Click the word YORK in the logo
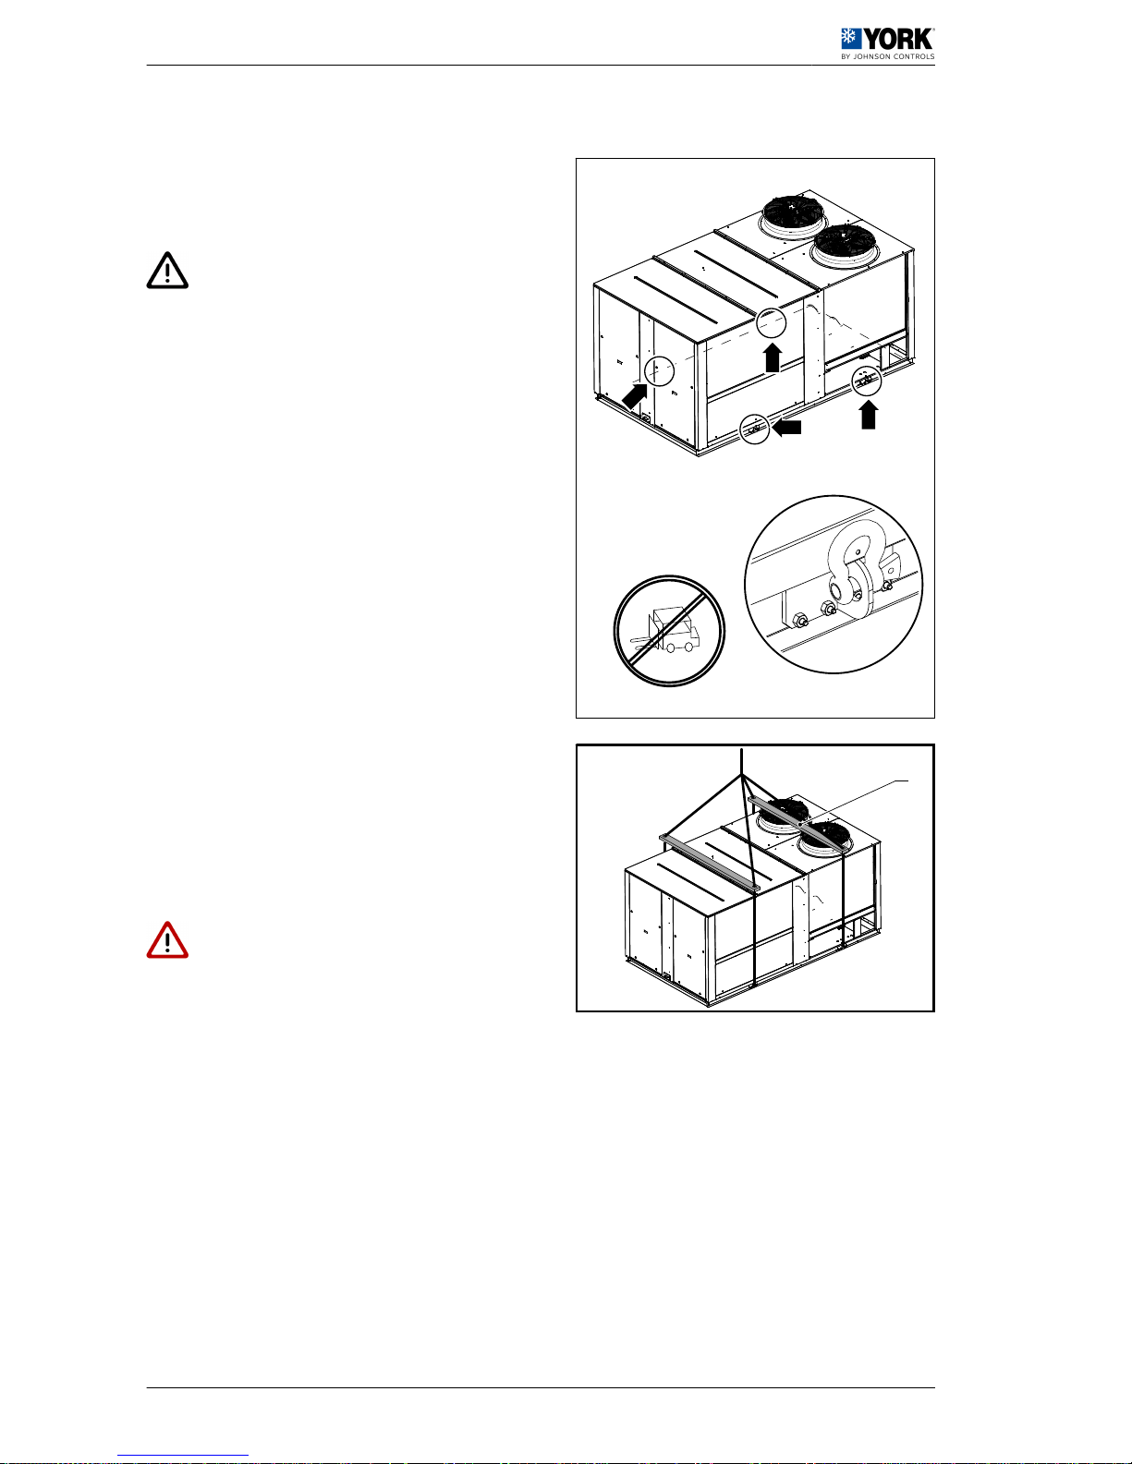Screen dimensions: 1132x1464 point(899,39)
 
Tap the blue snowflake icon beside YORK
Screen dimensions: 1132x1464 point(851,39)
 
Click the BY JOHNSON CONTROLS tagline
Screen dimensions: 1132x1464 point(887,56)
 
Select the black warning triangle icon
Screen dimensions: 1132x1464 point(167,271)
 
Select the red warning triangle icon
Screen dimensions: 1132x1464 point(167,940)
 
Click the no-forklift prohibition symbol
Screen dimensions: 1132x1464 point(669,631)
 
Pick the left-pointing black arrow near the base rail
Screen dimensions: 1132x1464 point(786,427)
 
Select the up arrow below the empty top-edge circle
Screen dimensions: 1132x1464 point(773,357)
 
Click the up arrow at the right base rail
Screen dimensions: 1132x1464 point(869,415)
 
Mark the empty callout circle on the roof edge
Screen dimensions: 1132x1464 point(771,322)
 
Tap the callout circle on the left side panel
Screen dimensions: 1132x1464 point(659,370)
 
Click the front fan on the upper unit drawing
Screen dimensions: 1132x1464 point(845,244)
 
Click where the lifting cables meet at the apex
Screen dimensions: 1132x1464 point(742,776)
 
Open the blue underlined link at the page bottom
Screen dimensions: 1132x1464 point(183,1455)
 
